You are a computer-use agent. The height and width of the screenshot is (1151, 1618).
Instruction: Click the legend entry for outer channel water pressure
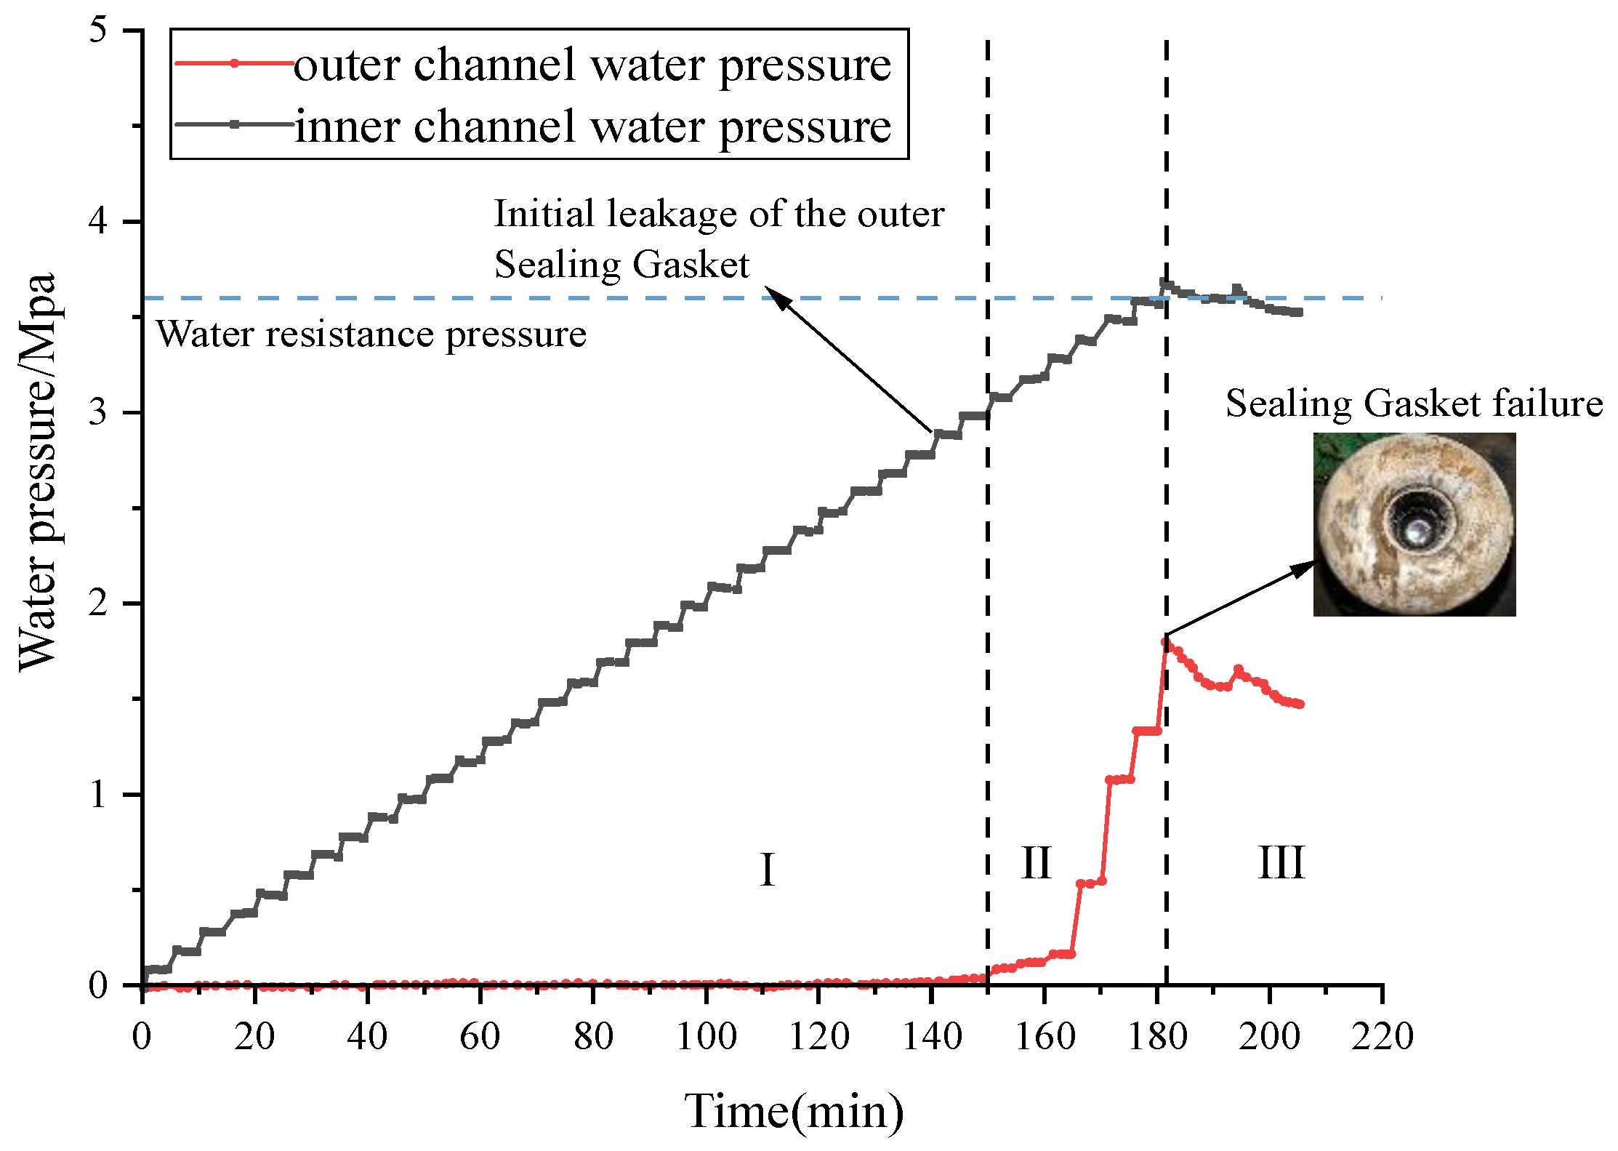pos(592,65)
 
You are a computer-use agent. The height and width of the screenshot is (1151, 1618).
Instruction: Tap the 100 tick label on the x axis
pos(706,1036)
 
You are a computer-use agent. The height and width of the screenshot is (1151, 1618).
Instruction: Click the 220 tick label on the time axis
pos(1382,1036)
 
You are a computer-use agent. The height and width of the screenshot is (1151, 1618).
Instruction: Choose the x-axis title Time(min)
pos(794,1110)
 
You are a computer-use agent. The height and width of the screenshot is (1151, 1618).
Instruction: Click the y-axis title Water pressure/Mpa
pos(38,473)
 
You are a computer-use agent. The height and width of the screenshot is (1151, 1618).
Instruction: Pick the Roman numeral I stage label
pos(767,870)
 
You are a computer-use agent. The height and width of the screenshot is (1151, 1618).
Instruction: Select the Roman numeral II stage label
pos(1036,863)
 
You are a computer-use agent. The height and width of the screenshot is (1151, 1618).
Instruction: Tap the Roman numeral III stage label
pos(1281,863)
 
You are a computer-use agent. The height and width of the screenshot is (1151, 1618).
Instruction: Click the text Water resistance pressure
pos(371,334)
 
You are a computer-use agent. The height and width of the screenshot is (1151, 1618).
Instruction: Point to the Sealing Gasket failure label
pos(1414,403)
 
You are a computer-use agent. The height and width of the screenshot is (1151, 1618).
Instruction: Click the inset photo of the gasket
pos(1414,524)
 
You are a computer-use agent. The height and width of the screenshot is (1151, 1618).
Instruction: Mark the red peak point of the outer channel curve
pos(1165,641)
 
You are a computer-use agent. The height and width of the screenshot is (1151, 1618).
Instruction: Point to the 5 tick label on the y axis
pos(98,30)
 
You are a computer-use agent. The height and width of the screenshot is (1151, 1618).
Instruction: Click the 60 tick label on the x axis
pos(480,1036)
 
